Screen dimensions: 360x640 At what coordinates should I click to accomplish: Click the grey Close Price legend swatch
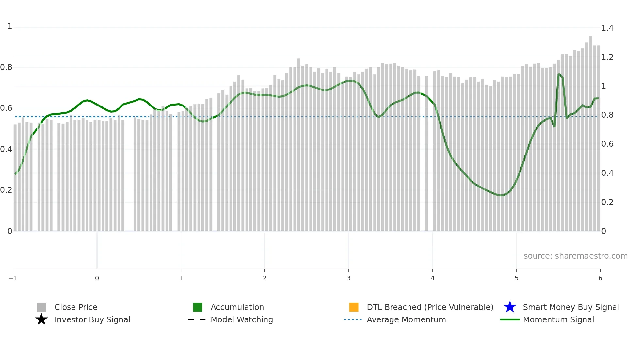(41, 307)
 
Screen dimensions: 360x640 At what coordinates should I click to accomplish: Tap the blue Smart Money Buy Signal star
(510, 307)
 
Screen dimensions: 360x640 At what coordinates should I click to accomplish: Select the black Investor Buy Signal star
(41, 319)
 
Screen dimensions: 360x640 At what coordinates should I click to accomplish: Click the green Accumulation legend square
(198, 307)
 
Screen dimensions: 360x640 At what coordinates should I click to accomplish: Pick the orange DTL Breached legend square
(354, 307)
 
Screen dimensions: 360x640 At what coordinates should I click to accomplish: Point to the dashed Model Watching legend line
(197, 319)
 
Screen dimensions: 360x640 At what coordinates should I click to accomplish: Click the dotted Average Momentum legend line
(353, 319)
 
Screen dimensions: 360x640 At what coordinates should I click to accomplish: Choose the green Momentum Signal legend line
(510, 319)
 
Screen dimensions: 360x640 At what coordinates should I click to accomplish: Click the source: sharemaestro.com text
(575, 256)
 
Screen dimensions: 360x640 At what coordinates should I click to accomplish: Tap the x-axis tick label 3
(349, 278)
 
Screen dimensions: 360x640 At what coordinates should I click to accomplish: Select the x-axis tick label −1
(13, 278)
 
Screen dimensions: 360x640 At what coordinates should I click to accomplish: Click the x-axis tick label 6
(600, 278)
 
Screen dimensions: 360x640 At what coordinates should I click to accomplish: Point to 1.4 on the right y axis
(607, 28)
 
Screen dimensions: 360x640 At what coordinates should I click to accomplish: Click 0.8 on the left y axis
(6, 67)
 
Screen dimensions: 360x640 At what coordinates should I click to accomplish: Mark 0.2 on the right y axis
(607, 202)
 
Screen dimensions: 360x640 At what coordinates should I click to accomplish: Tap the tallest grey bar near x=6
(590, 131)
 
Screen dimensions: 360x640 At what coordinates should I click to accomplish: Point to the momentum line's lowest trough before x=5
(502, 195)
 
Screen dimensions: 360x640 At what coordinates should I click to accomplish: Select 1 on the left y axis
(10, 26)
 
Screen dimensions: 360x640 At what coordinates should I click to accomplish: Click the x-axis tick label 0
(97, 278)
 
